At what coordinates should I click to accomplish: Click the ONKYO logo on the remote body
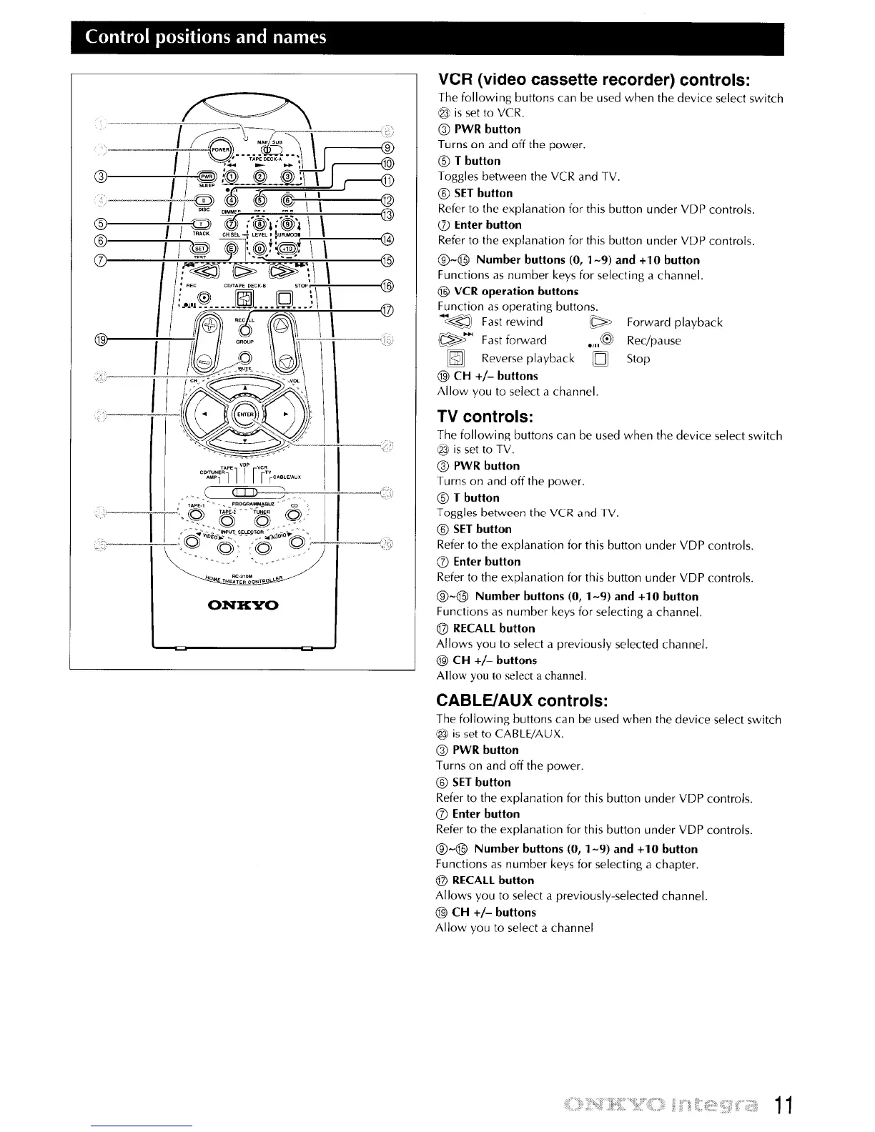(242, 606)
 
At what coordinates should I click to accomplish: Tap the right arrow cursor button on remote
(287, 414)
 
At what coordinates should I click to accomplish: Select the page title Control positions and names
(206, 37)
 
